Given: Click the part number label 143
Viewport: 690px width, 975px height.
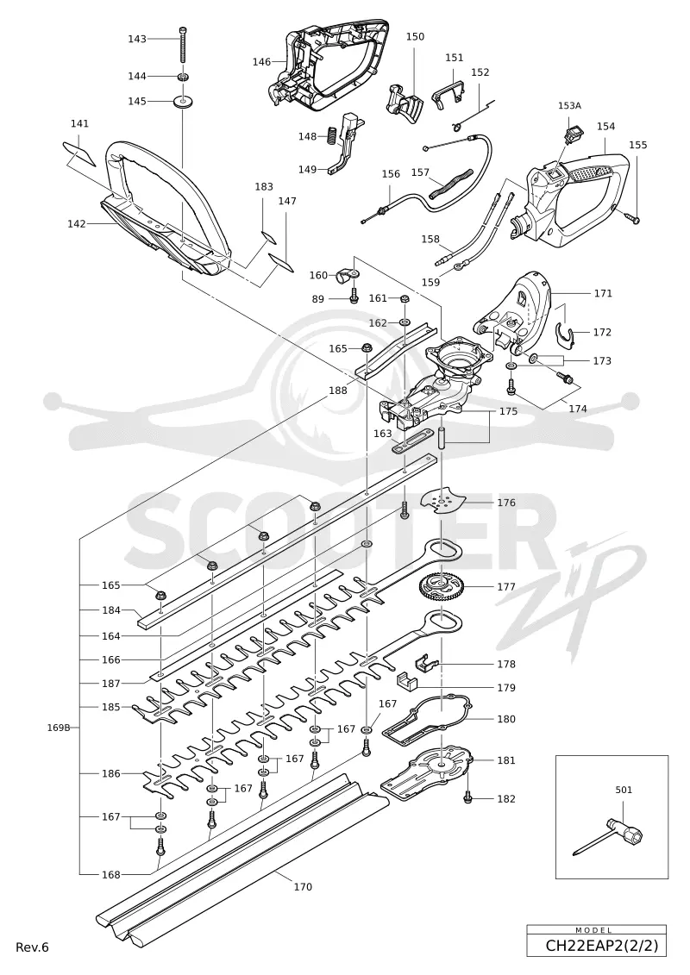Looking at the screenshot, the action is coord(137,39).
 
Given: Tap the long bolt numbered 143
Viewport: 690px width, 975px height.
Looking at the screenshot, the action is coord(182,45).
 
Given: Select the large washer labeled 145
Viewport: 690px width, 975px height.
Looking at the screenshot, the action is coord(182,101).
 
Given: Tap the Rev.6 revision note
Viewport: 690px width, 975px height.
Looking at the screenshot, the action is coord(32,947).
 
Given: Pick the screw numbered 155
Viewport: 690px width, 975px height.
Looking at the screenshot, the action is coord(633,217).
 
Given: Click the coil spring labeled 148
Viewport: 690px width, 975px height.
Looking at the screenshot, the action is coord(331,134).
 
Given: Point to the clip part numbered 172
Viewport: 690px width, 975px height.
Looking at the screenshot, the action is coord(564,334).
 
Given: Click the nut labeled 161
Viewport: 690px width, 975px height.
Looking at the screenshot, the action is coord(404,298).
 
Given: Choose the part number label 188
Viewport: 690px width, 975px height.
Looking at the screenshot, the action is coord(338,391).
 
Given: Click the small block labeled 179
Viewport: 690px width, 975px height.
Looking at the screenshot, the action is coord(407,680).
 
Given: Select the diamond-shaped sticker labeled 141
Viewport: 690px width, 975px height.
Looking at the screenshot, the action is coord(79,153).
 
